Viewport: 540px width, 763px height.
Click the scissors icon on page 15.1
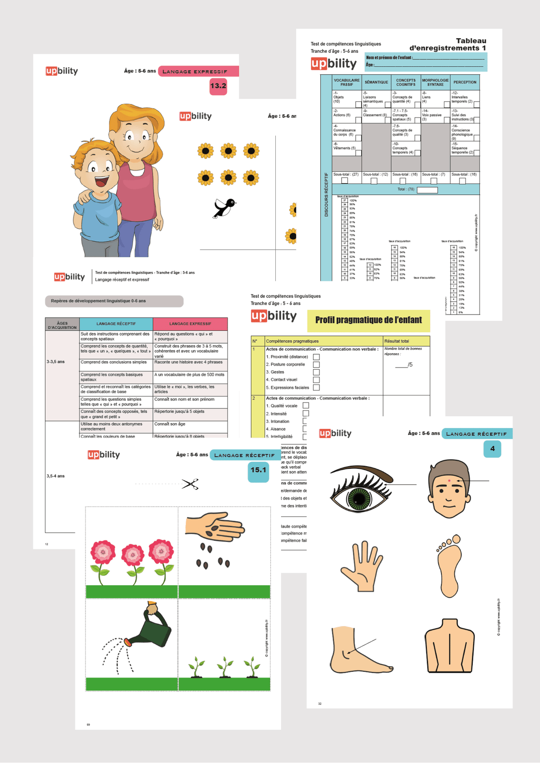coord(190,484)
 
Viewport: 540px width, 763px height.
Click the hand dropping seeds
coord(216,527)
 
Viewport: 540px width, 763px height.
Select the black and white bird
coord(225,208)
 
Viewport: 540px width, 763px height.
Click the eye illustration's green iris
coord(360,499)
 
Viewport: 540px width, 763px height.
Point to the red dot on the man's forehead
coord(450,481)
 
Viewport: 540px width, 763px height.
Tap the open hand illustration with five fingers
coord(362,567)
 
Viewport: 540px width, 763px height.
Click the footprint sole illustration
coord(448,566)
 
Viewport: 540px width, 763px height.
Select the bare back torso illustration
coord(449,645)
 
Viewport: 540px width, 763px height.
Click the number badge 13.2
coord(218,86)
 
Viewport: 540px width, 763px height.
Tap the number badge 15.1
coord(258,470)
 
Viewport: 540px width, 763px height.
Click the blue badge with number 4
coord(492,449)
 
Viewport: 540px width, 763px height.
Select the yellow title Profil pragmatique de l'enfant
coord(368,320)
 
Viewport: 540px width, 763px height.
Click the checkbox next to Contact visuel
coord(316,380)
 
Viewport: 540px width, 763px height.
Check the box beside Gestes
coord(316,372)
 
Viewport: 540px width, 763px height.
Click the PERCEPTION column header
coord(465,82)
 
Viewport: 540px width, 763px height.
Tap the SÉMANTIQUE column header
coord(376,82)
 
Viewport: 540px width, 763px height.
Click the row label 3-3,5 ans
coord(56,362)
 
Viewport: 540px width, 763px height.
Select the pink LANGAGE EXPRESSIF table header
coord(190,324)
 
